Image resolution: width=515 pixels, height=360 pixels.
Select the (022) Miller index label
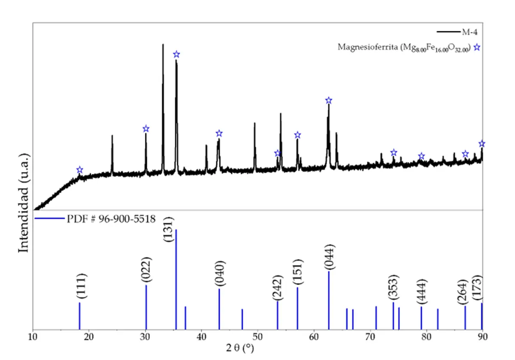pyautogui.click(x=146, y=269)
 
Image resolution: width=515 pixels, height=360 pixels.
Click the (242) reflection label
pyautogui.click(x=277, y=287)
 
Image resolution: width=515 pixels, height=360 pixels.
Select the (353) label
pyautogui.click(x=393, y=287)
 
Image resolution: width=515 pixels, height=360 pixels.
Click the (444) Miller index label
pyautogui.click(x=422, y=292)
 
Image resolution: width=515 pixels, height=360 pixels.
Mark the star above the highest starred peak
pyautogui.click(x=176, y=54)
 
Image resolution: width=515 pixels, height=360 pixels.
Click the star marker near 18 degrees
pyautogui.click(x=79, y=170)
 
